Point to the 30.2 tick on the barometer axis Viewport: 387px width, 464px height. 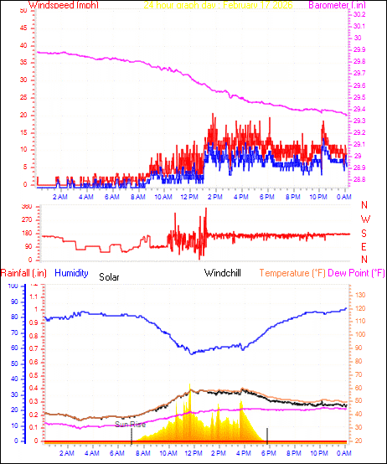[x=359, y=15]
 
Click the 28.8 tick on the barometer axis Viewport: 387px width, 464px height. [x=359, y=180]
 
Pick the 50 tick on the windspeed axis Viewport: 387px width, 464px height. [x=25, y=15]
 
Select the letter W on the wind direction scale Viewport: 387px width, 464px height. [x=364, y=219]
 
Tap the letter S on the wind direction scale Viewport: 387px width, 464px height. [x=364, y=233]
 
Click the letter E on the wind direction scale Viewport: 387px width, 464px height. [x=364, y=246]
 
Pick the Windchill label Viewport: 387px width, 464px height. [x=224, y=273]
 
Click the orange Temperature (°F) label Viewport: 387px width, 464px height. [x=292, y=273]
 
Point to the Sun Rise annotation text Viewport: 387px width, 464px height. [x=131, y=425]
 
